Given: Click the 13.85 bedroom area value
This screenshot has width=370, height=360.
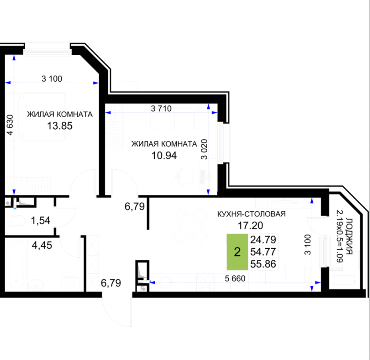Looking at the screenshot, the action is click(60, 126).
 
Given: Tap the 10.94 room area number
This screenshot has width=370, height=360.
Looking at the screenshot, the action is click(164, 156).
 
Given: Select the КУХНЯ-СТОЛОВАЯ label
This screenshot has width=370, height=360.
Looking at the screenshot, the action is click(251, 214).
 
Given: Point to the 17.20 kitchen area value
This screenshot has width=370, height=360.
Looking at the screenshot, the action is click(250, 226).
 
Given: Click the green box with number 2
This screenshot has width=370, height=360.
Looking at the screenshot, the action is click(237, 252).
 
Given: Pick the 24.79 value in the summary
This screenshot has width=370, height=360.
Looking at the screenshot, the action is click(263, 240).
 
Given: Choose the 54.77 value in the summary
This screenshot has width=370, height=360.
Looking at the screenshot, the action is click(263, 252).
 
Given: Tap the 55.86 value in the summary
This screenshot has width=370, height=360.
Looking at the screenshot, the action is click(263, 264).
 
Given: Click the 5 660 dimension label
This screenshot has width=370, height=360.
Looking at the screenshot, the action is click(235, 279).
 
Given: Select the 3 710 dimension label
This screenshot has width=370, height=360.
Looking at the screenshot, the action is click(161, 108).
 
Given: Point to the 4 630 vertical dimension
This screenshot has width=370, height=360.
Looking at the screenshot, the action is click(10, 125).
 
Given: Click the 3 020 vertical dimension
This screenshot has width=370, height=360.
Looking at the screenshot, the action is click(204, 149).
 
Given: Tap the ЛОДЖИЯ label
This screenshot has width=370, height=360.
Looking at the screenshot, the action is click(349, 236).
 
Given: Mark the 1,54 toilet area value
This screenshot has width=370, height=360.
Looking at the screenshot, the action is click(40, 220).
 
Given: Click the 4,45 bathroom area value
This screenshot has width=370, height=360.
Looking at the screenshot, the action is click(42, 245).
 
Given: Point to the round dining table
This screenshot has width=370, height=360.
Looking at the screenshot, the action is click(190, 226).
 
